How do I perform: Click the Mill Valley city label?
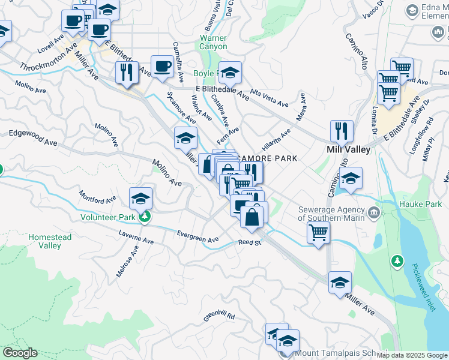[348, 149]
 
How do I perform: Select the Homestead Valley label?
[50, 241]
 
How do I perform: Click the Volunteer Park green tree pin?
[144, 217]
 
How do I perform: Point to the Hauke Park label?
[420, 205]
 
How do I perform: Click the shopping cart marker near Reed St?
[318, 232]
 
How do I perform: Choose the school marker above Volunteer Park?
[140, 197]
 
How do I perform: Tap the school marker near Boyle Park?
[229, 72]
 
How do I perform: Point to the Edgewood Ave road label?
[32, 139]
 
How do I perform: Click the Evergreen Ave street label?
[197, 236]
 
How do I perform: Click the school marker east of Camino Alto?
[351, 178]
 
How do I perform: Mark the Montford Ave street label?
[97, 197]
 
